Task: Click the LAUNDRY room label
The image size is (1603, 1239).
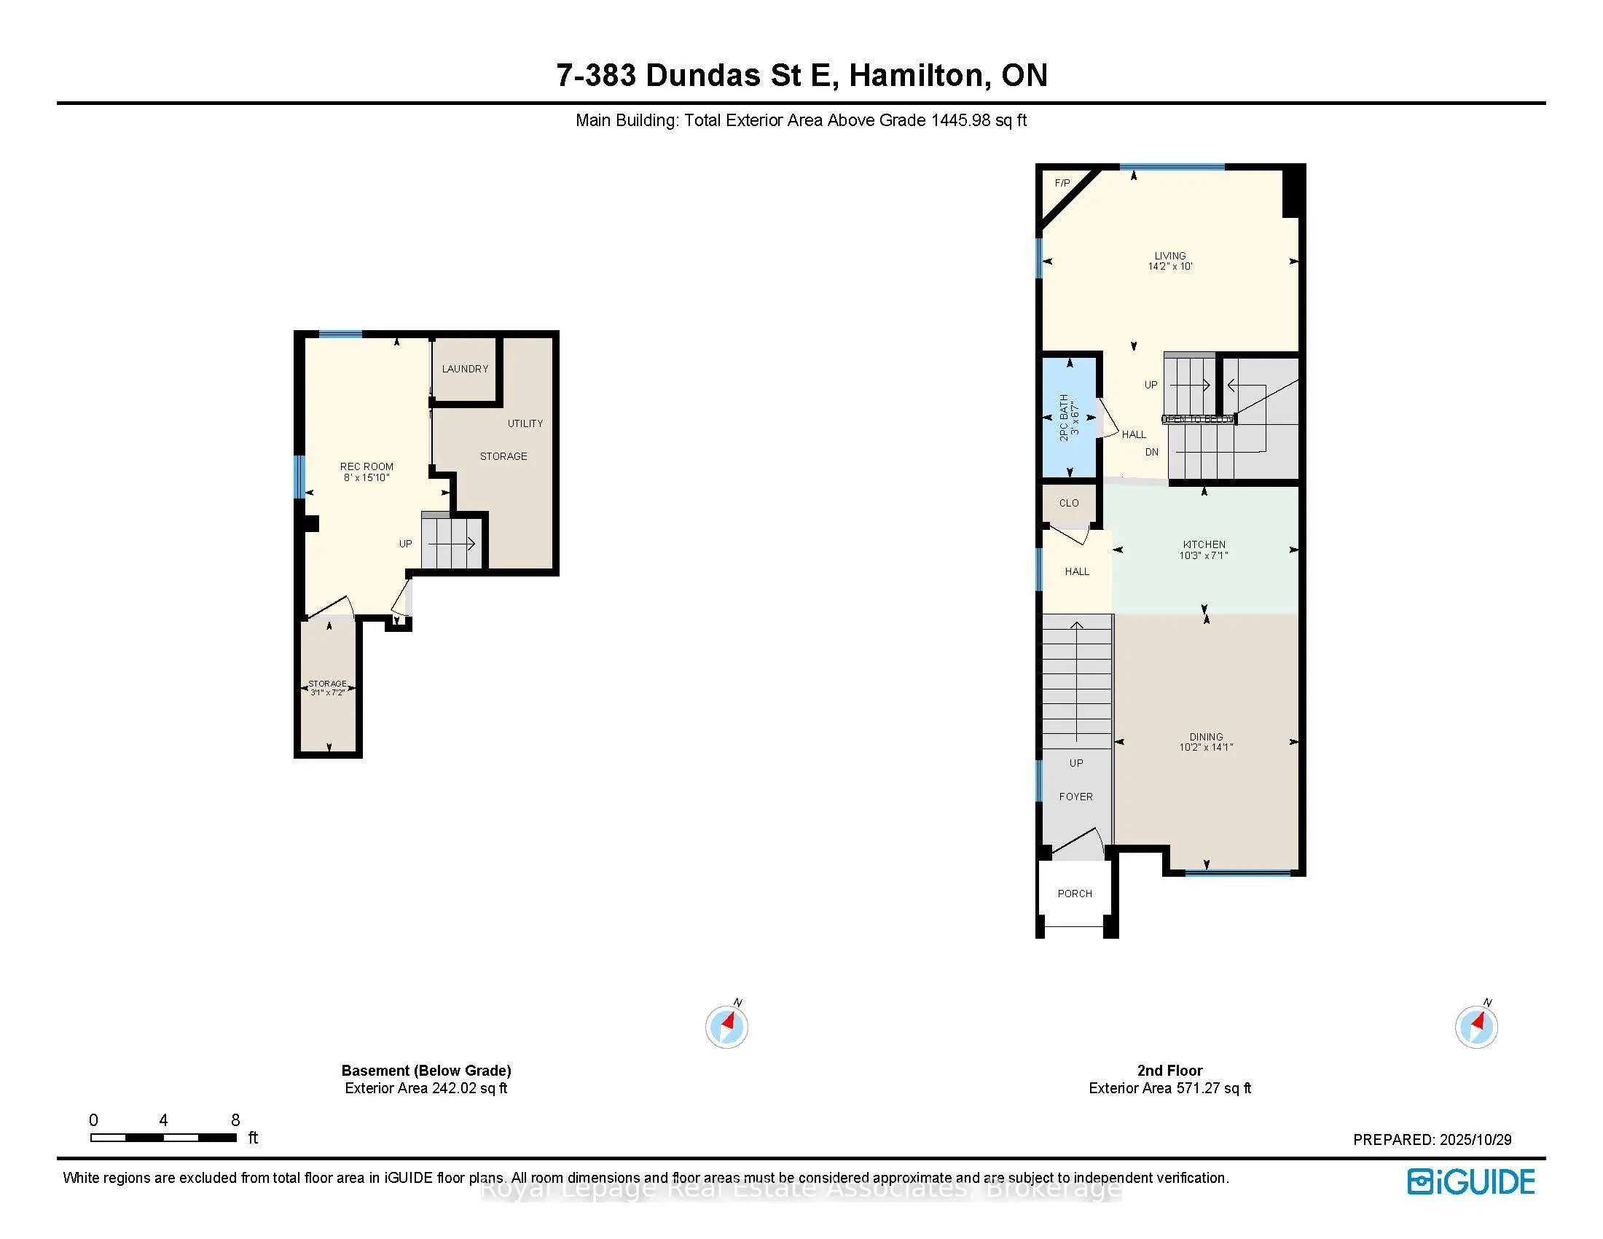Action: tap(465, 369)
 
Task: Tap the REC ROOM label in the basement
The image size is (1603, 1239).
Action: tap(367, 467)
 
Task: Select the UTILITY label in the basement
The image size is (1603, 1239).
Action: tap(525, 423)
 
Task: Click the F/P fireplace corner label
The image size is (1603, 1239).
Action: tap(1062, 183)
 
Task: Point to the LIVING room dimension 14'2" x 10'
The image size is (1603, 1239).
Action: tap(1170, 267)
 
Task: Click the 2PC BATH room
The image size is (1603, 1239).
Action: tap(1070, 417)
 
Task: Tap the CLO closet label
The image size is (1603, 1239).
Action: tap(1069, 503)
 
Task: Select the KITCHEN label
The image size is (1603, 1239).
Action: tap(1204, 544)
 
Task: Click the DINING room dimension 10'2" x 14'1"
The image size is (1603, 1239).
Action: tap(1206, 747)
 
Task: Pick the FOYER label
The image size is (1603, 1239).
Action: tap(1075, 797)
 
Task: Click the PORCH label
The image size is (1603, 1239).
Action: tap(1075, 894)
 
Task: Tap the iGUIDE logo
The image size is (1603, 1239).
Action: tap(1471, 1181)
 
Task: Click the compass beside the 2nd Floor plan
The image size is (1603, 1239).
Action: tap(1476, 1025)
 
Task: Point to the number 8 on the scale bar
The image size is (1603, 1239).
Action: tap(235, 1120)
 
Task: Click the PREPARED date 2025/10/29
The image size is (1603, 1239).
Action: tap(1475, 1140)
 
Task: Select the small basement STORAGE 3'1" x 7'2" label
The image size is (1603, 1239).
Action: tap(327, 688)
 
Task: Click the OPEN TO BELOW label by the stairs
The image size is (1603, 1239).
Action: tap(1197, 419)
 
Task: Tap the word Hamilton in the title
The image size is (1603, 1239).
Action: tap(916, 75)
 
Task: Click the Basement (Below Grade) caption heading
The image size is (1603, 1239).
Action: tap(426, 1070)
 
